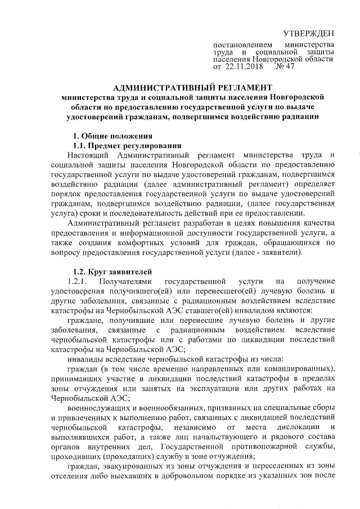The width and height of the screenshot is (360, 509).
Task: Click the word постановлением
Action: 242,44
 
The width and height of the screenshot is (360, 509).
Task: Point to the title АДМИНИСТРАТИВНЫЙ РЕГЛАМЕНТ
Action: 193,88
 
